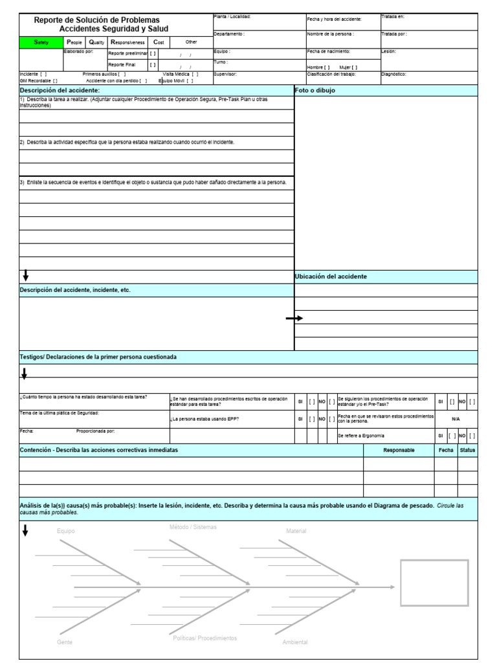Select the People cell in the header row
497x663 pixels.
74,41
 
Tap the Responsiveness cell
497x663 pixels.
127,41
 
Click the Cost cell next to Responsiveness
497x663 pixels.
159,41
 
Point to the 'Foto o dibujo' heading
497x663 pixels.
315,91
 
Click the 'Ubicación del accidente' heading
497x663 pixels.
331,276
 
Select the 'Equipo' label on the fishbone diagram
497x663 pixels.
65,531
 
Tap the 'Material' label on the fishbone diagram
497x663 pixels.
296,531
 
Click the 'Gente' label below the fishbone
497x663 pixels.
65,642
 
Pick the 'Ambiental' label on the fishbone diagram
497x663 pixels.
295,642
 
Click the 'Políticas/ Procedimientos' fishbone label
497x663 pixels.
204,638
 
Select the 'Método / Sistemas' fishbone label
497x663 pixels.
193,527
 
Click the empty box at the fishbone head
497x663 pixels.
434,583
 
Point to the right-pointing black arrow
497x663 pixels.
294,319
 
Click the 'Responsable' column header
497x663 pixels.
399,450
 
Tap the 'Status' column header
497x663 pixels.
467,450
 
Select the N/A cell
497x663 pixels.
456,419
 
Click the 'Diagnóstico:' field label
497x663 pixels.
394,74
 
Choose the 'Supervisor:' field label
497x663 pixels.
225,74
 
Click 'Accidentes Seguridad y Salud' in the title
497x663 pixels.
113,29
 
